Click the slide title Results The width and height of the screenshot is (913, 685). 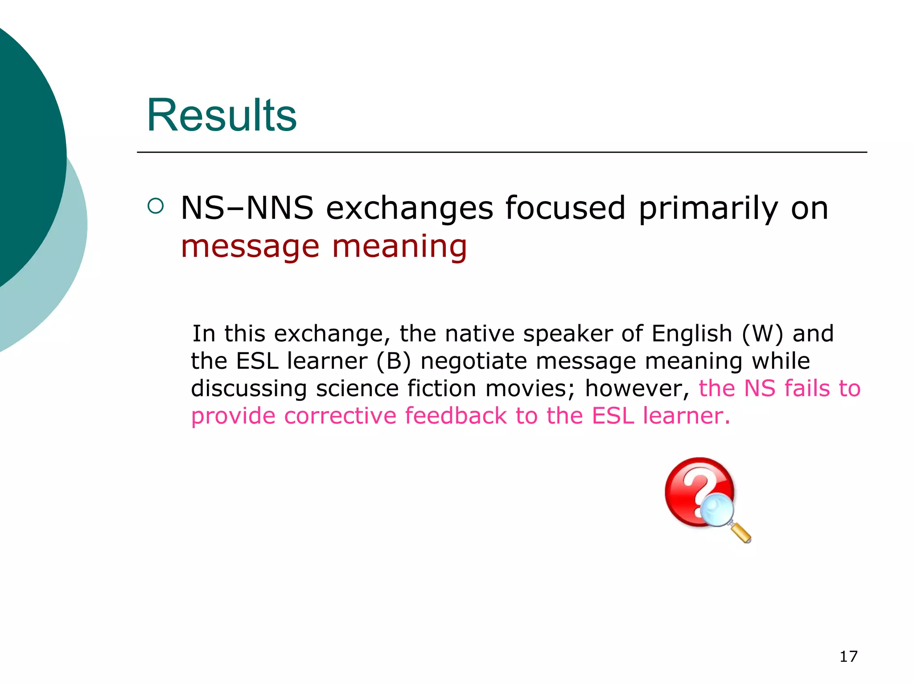(x=222, y=116)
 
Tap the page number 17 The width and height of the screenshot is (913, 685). (x=848, y=656)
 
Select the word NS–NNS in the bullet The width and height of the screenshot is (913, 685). (x=247, y=208)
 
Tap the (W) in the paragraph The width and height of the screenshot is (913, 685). (x=762, y=334)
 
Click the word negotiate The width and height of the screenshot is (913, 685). (x=473, y=361)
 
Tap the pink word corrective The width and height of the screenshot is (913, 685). (x=340, y=416)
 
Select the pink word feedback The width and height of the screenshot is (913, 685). (x=456, y=416)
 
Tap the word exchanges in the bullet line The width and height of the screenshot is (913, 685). (x=410, y=208)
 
